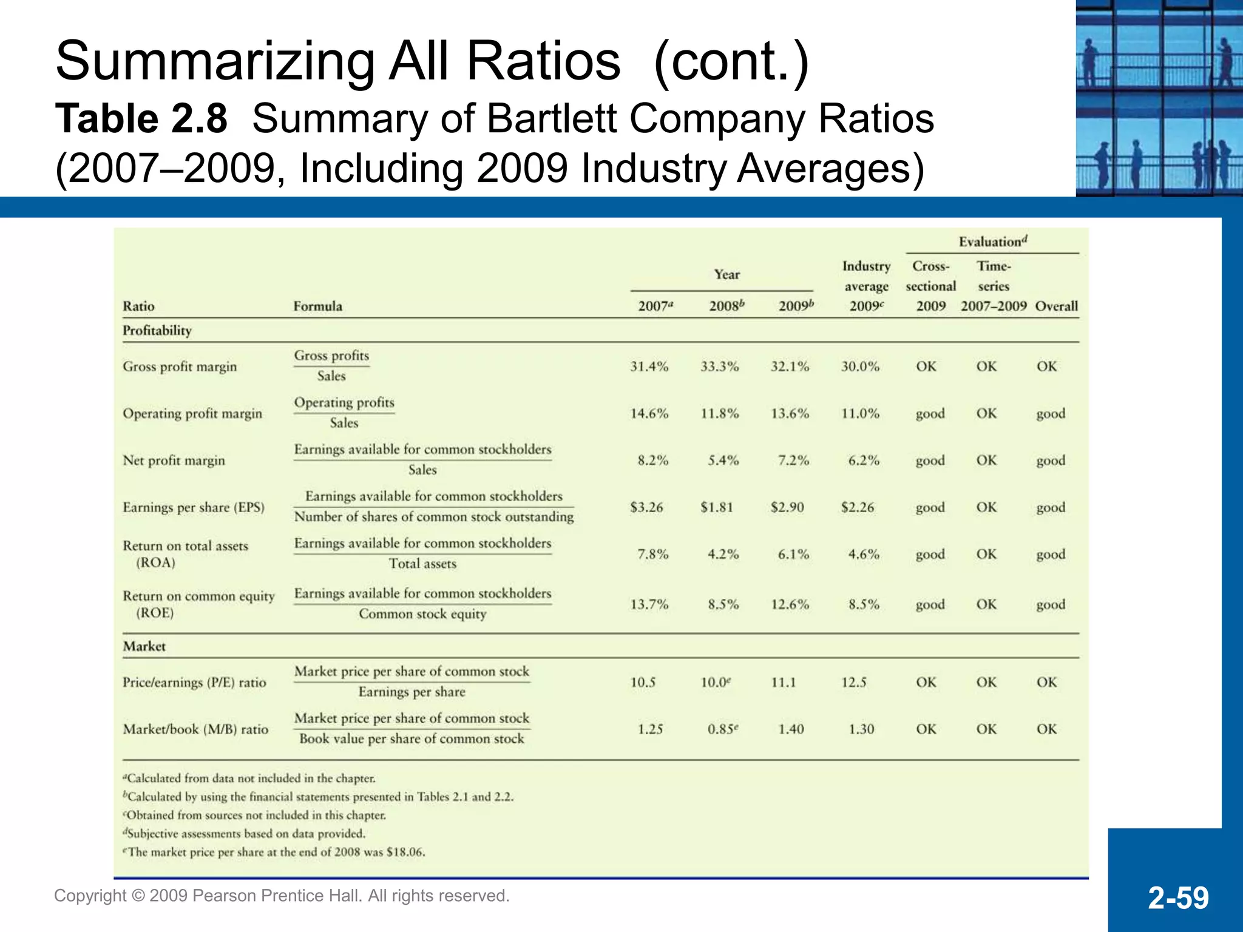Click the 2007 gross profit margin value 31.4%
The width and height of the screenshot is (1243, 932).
649,366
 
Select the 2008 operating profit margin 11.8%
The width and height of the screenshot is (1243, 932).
719,414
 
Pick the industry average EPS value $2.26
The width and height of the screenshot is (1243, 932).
857,507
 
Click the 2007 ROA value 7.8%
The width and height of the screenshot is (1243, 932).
652,555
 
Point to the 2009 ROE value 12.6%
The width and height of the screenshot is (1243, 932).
790,605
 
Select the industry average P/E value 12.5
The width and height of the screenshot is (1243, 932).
853,683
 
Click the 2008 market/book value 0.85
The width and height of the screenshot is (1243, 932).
722,729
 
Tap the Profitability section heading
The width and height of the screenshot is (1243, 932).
157,331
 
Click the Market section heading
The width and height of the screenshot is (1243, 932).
144,647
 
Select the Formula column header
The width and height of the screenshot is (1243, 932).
317,306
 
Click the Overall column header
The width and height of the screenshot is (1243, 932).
1056,306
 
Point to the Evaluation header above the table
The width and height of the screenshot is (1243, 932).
992,242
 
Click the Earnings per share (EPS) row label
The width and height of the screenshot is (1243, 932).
194,507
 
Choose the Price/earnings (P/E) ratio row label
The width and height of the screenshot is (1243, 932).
194,683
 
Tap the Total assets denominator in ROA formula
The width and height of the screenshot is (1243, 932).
422,564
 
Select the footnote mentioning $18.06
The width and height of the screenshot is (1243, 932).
274,853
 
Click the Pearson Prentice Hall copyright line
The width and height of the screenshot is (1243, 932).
282,896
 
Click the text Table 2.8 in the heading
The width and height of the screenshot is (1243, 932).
141,119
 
